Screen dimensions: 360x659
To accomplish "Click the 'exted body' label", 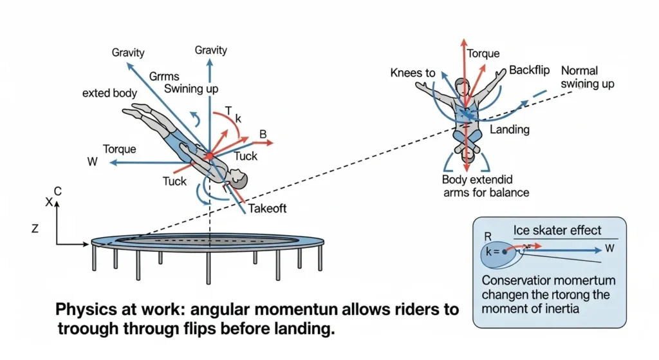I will tap(109, 93).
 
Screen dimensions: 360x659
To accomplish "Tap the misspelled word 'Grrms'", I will tap(165, 76).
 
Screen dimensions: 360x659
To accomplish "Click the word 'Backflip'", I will tap(529, 70).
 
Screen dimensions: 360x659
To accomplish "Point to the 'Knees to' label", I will tap(413, 73).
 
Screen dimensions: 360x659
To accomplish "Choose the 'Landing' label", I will tap(510, 129).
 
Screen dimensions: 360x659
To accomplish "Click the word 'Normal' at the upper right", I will tap(579, 70).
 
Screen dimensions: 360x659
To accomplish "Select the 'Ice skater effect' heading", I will tap(558, 230).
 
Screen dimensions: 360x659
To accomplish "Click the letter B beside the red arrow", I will tap(263, 135).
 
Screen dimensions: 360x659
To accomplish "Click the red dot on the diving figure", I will tap(209, 156).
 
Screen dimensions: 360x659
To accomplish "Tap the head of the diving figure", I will tap(237, 176).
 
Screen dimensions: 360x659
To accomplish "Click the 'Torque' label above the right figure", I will tap(483, 54).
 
